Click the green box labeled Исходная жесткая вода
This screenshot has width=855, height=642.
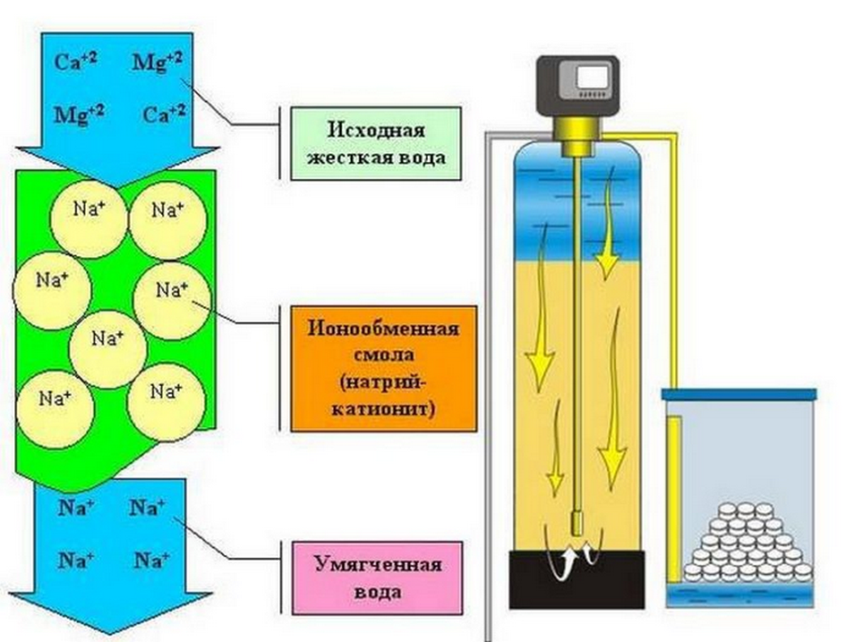(375, 143)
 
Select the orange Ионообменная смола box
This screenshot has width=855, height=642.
(383, 369)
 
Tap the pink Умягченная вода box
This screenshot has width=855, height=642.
(378, 577)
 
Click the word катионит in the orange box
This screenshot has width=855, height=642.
(383, 411)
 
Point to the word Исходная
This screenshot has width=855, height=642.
(376, 130)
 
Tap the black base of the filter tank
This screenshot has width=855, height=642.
(577, 578)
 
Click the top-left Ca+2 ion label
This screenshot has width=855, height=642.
(76, 60)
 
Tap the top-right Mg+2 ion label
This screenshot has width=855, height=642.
(157, 60)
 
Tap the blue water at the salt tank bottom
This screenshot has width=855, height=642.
(741, 596)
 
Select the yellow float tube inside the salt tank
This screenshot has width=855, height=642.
(673, 498)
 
